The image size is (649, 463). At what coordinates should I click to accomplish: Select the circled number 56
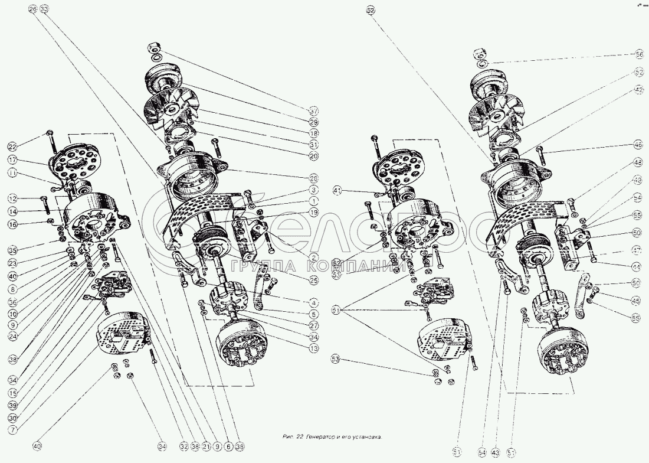639,54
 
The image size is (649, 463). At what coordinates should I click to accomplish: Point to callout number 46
638,144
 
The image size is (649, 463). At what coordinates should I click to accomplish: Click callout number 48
638,162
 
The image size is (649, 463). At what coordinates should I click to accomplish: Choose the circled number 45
635,301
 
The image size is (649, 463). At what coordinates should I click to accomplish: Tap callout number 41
337,190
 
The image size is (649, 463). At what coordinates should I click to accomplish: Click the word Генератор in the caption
323,438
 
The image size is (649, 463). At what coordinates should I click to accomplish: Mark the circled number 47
635,250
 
